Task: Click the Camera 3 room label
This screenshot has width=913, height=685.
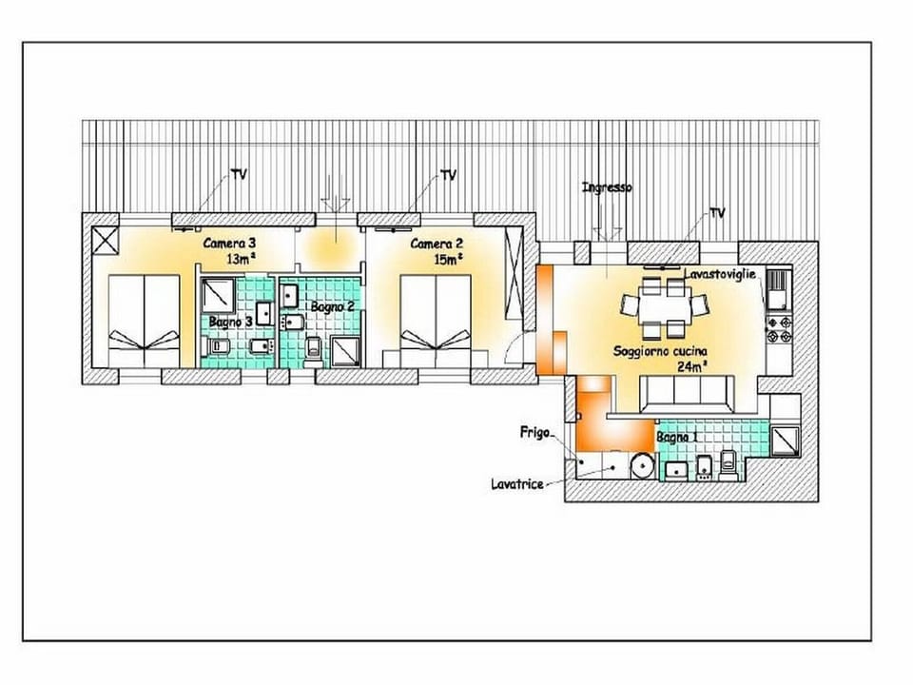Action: point(228,244)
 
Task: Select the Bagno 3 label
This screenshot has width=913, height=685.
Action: point(230,322)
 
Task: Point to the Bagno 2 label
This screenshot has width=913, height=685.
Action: point(332,306)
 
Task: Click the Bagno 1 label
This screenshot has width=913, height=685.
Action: point(677,437)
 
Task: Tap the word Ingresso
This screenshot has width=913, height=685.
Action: point(607,188)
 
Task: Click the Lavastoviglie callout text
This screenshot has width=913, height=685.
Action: point(720,274)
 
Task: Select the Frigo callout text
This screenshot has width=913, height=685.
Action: point(534,432)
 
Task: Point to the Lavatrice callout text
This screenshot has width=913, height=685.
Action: point(517,484)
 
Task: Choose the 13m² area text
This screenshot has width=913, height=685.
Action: point(241,258)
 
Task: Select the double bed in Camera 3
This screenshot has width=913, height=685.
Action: point(143,322)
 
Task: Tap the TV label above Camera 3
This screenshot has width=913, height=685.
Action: point(239,175)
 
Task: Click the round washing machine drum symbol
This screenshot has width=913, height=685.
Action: point(643,466)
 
